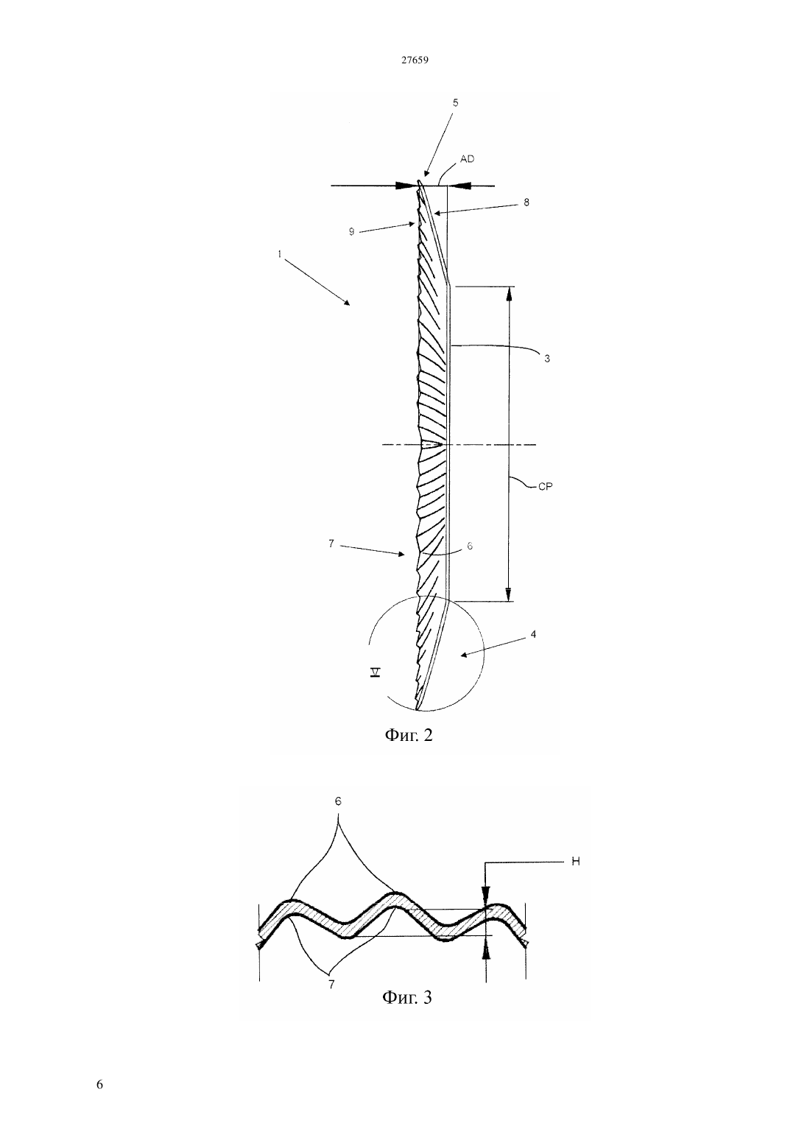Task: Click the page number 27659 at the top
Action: click(414, 60)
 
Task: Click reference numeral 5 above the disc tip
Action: click(455, 103)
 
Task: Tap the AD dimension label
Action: click(467, 159)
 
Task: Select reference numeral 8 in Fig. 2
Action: click(526, 202)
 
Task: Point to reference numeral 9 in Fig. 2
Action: click(351, 232)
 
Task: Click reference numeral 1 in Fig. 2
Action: click(280, 254)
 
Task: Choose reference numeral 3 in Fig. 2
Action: click(546, 359)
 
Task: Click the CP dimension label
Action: click(546, 487)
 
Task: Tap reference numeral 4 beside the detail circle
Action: click(533, 634)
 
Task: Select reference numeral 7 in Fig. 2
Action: click(331, 544)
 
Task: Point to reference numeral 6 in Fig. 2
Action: click(470, 546)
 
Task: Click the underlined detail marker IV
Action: click(376, 672)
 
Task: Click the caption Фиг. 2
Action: click(408, 735)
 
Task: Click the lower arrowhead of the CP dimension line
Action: click(508, 594)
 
